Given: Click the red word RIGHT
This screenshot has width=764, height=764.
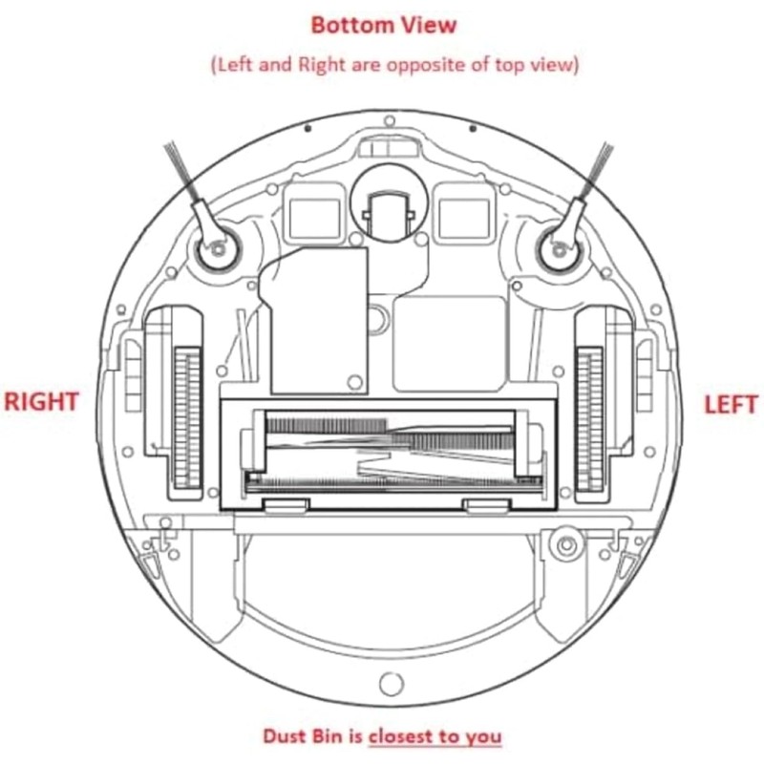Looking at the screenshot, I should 40,401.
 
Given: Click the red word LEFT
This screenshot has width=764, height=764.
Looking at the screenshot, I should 730,404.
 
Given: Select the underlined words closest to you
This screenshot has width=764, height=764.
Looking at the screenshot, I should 435,736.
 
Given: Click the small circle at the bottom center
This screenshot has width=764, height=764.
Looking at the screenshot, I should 388,684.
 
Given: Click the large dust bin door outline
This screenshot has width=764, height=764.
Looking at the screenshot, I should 386,592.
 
